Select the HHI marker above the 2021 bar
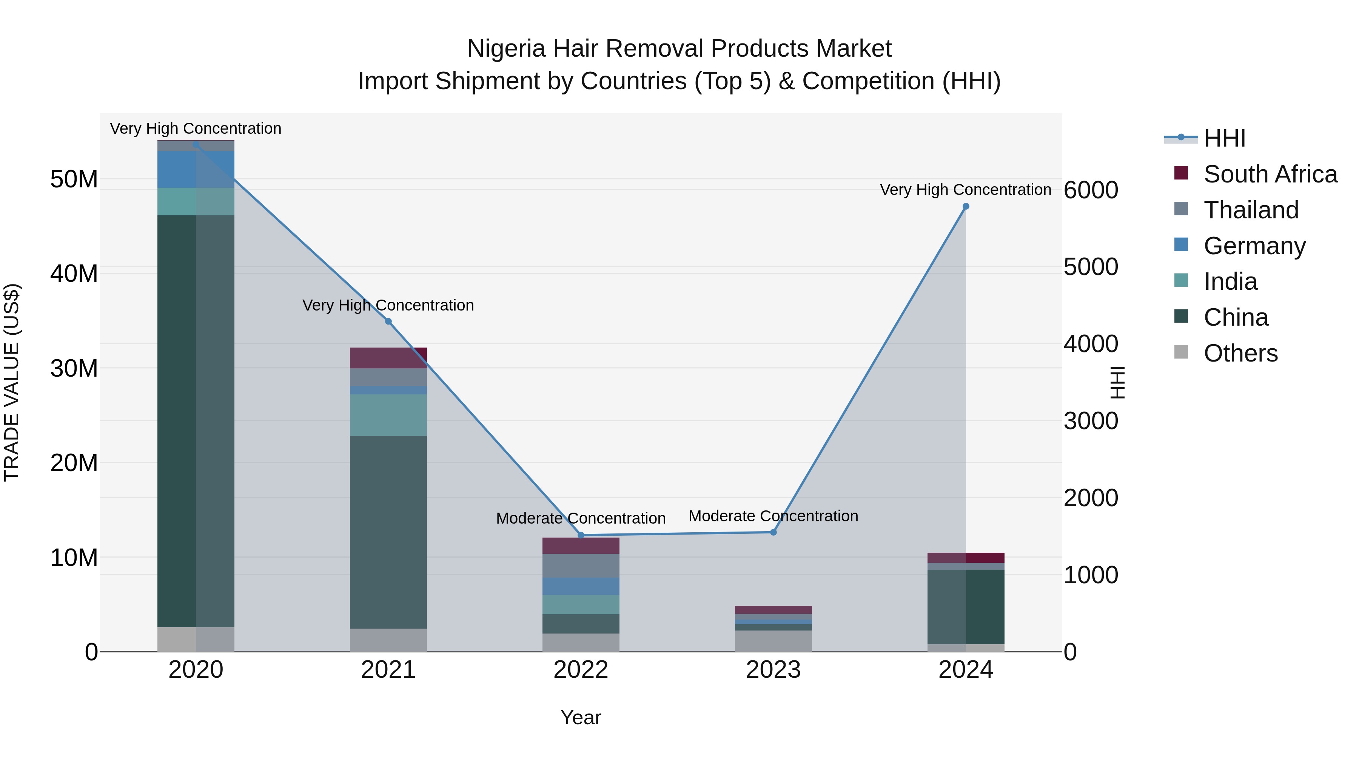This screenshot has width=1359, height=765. tap(388, 321)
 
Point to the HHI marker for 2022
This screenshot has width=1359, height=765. tap(581, 535)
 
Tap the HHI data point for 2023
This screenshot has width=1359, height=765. tap(773, 532)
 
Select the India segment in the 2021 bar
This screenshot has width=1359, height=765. tap(388, 415)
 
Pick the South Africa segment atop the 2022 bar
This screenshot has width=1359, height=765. tap(581, 546)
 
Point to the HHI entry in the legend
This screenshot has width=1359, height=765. tap(1224, 138)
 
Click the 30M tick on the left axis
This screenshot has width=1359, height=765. tap(74, 368)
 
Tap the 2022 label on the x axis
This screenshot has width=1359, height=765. tap(581, 669)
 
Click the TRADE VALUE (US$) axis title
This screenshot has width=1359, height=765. tap(12, 382)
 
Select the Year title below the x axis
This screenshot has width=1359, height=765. tap(581, 717)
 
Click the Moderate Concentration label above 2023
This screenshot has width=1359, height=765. tap(773, 516)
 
